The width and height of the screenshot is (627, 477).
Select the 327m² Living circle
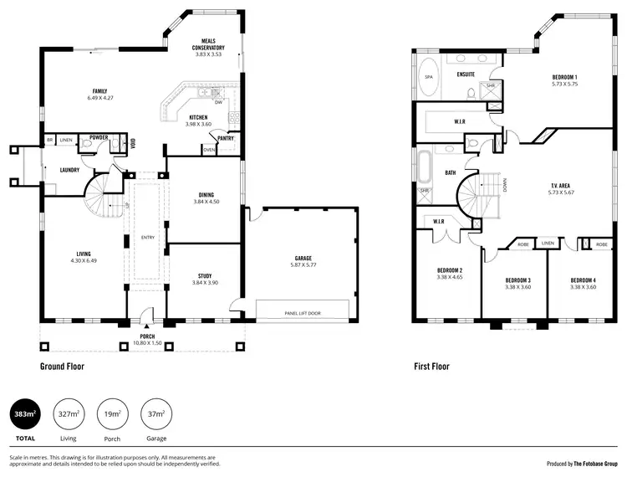tap(69, 413)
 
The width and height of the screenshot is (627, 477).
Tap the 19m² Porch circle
tap(113, 413)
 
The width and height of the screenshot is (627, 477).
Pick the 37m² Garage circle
tap(156, 413)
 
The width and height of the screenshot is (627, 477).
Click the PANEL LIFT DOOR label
tap(302, 313)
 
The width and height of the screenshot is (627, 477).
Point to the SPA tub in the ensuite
tap(428, 76)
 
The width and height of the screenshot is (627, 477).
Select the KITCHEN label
tap(198, 117)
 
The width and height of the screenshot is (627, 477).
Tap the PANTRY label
tap(226, 138)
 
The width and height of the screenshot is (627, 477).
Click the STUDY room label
tap(205, 275)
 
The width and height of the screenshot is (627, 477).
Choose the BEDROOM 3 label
tap(518, 280)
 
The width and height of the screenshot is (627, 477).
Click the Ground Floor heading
tap(62, 367)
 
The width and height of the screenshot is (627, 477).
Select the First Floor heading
tap(431, 367)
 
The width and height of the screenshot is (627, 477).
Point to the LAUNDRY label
tap(69, 170)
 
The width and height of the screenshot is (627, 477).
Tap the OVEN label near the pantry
tap(208, 151)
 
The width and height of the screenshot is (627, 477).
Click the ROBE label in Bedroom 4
tap(601, 244)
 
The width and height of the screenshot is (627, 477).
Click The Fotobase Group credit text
tap(594, 463)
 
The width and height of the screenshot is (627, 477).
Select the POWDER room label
tap(99, 137)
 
